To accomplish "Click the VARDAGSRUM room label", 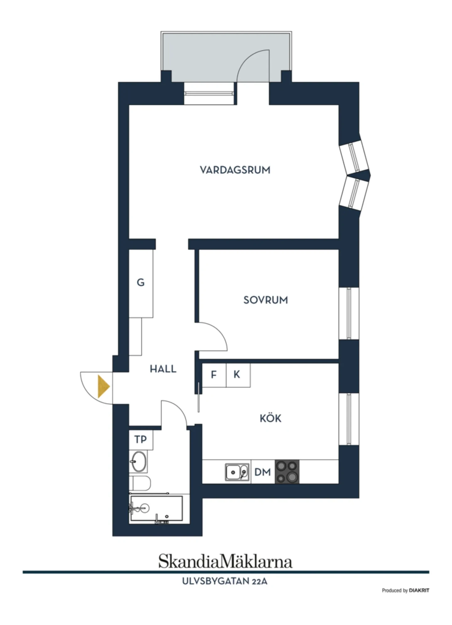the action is tap(235, 170).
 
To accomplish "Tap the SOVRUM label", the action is tap(266, 300).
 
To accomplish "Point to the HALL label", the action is tap(163, 369).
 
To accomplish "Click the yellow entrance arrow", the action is tap(103, 386).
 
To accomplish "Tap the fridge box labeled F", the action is tap(214, 375).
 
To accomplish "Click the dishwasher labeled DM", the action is tap(263, 472).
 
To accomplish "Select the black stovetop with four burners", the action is tap(287, 472).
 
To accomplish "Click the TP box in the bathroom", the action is tap(141, 440).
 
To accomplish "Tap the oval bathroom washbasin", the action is tap(138, 461).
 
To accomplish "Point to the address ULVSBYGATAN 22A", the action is tap(225, 581).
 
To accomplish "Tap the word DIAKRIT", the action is tap(419, 590).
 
